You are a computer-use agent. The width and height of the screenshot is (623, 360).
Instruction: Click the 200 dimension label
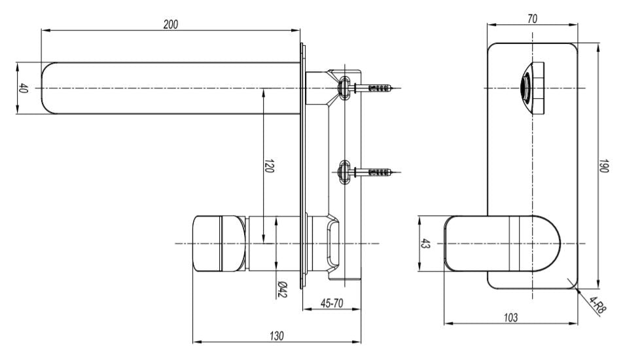point(171,24)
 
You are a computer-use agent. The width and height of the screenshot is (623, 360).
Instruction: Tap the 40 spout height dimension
point(23,88)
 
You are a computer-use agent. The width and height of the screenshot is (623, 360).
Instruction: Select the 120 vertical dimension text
point(269,166)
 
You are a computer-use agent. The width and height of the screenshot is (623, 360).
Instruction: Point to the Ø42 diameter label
point(281,289)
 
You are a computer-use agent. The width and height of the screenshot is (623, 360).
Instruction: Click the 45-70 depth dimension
point(332,303)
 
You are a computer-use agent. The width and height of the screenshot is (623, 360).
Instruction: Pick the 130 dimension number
point(277,336)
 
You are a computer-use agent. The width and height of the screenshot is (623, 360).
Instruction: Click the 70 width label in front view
point(533,19)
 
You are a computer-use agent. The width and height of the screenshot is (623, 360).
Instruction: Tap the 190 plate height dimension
point(603,166)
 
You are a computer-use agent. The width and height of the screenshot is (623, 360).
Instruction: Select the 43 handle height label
point(425,243)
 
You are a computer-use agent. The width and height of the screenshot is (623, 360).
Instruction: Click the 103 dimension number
point(510,317)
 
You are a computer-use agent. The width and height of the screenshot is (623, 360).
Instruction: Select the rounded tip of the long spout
point(48,88)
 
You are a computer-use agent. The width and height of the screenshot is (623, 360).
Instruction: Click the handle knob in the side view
point(219,243)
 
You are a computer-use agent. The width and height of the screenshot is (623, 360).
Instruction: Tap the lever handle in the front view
point(502,243)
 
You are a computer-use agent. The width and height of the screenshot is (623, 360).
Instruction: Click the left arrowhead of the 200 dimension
point(45,30)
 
